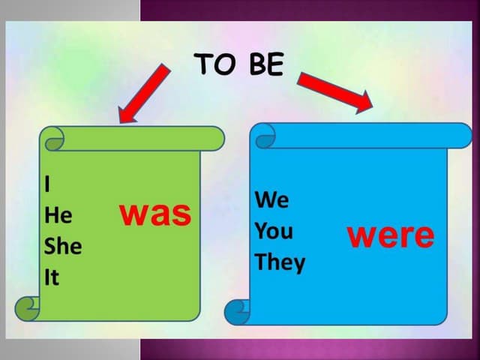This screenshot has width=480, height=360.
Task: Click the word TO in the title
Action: coord(213,65)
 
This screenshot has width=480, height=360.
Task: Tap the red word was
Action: coord(156,213)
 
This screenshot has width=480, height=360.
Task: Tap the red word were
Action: coord(390,235)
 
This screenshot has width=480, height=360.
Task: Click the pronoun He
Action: coord(58,215)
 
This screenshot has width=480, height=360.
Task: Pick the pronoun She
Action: coord(64,246)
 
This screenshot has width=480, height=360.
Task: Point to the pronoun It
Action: coord(52,277)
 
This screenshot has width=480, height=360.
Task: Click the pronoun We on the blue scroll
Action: coord(271,200)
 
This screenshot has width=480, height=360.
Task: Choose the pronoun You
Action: coord(274,231)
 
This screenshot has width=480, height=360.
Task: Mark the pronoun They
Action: coord(280,262)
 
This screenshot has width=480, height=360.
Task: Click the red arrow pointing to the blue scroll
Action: coord(336,90)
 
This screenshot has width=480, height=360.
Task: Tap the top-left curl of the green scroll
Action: coord(52,139)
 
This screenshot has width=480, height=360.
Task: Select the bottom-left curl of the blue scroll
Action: coord(238,310)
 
